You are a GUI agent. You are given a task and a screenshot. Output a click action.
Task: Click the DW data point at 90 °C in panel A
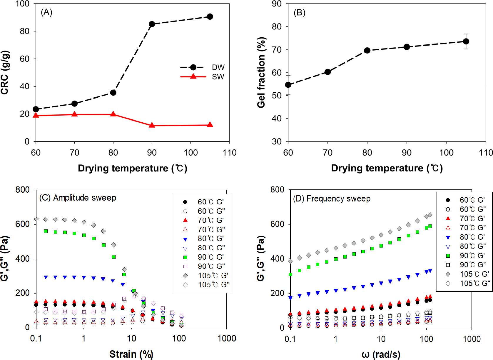tap(152, 24)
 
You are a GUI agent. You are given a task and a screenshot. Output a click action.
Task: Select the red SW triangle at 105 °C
tap(210, 125)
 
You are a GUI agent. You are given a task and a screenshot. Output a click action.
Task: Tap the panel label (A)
tap(46, 12)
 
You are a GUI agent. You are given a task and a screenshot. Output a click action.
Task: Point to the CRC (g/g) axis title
tap(5, 73)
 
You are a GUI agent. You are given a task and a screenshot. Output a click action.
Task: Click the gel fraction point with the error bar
tap(466, 41)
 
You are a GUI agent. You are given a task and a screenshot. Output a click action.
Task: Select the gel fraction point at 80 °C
tap(367, 50)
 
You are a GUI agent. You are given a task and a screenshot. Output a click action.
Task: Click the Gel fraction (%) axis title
tap(261, 73)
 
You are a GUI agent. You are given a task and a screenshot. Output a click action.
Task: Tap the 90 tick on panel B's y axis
tap(277, 4)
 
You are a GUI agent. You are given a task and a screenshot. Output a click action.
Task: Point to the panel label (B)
tap(300, 13)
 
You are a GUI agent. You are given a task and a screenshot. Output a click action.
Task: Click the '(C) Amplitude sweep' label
tap(78, 198)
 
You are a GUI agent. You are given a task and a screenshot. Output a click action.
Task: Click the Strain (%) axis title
tap(131, 354)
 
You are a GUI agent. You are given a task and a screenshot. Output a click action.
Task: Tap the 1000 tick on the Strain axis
tap(227, 339)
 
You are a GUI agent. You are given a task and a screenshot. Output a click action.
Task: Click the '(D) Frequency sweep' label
tap(332, 199)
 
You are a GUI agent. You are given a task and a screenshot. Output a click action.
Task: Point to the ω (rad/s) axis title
tap(381, 354)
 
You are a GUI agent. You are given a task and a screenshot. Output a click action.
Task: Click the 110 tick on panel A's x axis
tap(229, 153)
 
